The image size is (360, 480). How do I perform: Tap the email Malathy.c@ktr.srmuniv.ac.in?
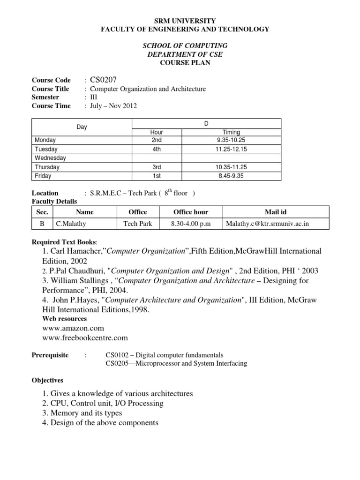click(x=268, y=224)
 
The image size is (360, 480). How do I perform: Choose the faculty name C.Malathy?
click(x=70, y=224)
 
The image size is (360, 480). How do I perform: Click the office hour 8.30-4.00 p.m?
click(x=191, y=224)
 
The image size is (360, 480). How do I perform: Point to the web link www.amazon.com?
click(x=73, y=328)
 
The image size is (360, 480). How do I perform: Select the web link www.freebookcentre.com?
click(x=85, y=337)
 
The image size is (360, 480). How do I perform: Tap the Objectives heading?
click(x=47, y=380)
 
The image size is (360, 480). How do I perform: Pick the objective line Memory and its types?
click(x=86, y=413)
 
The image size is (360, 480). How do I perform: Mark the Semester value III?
click(x=94, y=97)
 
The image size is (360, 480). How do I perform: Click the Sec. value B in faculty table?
click(x=42, y=224)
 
